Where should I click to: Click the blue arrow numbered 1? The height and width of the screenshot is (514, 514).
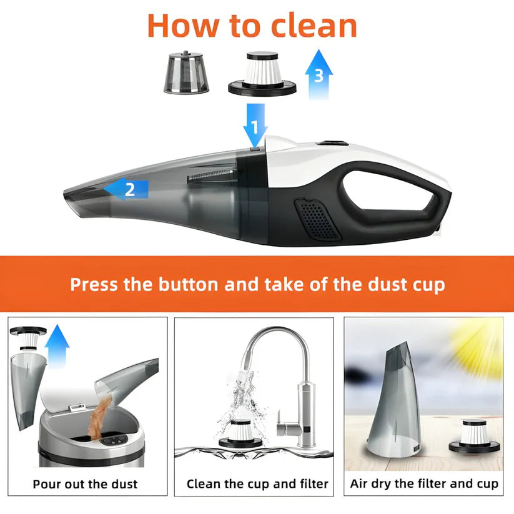click(255, 126)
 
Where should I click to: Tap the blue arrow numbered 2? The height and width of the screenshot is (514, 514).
click(126, 189)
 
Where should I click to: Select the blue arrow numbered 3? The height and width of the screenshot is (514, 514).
click(319, 74)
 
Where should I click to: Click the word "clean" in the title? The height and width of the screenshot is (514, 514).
click(314, 26)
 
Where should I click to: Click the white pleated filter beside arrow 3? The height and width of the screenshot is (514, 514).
click(262, 74)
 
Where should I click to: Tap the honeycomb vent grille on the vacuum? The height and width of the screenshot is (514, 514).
click(317, 218)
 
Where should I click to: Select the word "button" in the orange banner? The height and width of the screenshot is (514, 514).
click(188, 284)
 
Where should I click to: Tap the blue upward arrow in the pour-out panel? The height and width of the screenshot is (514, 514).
click(57, 345)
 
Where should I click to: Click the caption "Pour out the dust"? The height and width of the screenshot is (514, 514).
click(85, 484)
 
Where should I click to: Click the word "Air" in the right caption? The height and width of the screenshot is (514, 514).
click(358, 483)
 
